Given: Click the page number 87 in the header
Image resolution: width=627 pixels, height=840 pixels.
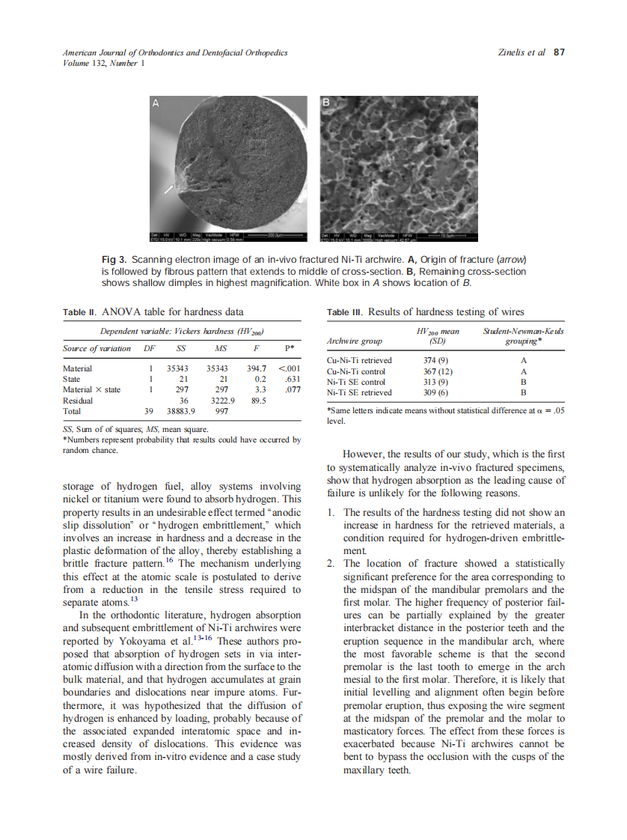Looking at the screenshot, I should click(559, 52).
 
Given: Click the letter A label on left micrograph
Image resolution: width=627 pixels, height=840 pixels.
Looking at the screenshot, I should click(156, 104).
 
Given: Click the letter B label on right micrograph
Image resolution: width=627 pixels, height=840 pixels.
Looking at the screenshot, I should click(326, 103).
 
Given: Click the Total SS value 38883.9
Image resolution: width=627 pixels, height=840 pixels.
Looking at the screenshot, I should click(183, 411).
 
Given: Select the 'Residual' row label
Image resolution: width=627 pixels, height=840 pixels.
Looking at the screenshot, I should click(79, 401).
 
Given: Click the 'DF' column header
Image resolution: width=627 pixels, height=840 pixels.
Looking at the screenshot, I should click(149, 348).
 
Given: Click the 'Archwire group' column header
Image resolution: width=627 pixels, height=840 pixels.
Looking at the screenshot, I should click(355, 341).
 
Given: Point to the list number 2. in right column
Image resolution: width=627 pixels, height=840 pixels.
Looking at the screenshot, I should click(331, 563).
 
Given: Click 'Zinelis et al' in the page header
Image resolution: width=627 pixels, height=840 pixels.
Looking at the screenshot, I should click(522, 52).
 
